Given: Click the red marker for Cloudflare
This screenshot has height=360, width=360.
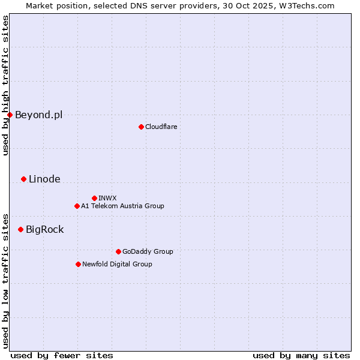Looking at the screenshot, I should coord(141,127).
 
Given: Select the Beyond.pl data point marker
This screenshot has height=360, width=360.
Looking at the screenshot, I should coord(10,115).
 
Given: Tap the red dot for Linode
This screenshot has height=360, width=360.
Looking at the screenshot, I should coord(23,179).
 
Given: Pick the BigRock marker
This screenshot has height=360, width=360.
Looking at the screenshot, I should coord(20,229).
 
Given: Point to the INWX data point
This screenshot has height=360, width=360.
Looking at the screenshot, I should coord(94,198).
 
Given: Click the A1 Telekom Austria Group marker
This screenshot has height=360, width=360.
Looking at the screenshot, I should coord(77,206).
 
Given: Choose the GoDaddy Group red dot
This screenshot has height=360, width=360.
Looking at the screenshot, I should coord(118,251).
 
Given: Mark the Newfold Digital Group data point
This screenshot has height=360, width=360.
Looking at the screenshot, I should coord(78,264).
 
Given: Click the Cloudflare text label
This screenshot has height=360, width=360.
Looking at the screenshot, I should coord(161,127).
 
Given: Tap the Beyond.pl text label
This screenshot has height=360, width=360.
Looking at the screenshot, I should coord(38,115).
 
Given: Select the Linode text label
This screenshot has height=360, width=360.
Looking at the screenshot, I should coord(44,179).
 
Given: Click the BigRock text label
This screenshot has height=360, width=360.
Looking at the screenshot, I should coord(44,229).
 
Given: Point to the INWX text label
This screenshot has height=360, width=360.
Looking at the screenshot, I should coord(107,198).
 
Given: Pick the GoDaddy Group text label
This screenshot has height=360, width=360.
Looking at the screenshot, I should coord(148,251).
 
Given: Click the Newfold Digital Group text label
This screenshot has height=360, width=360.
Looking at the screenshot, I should coord(117,264).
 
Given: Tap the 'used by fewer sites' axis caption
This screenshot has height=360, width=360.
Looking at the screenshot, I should coord(62,355).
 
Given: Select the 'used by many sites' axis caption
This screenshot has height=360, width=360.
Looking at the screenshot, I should coord(301,355).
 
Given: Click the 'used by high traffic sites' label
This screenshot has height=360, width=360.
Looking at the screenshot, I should coord(5,85).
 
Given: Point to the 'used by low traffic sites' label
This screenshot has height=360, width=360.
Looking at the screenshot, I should coord(5,280).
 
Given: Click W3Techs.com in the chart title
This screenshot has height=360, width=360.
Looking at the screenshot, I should coord(311,5).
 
